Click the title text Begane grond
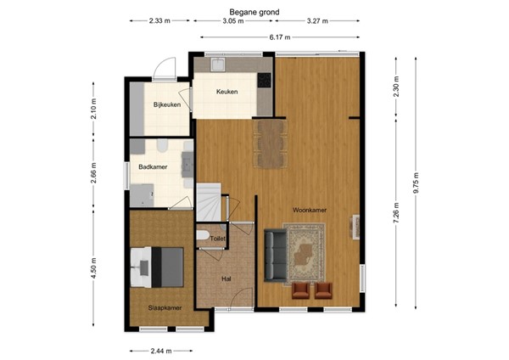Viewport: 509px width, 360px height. pos(255,13)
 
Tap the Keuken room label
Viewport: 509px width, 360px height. pos(227,92)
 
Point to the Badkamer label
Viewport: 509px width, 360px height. pos(153,167)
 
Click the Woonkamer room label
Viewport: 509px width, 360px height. pos(310,210)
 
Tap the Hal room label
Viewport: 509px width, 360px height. pos(226,278)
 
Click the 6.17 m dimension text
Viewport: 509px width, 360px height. pos(280,37)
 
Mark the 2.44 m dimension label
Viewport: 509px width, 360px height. pos(160,350)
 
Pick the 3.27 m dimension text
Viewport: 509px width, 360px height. pos(319,22)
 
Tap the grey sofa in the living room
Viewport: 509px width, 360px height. pos(274,254)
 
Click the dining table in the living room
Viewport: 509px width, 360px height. pos(270,143)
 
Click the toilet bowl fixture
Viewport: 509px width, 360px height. pos(202,234)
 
